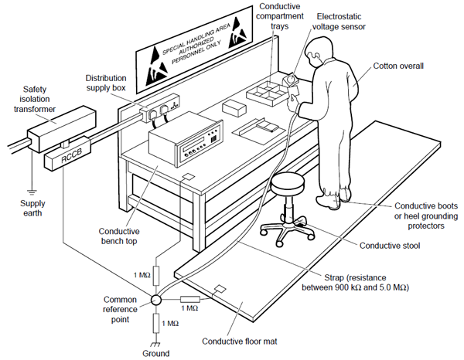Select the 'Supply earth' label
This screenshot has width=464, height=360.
click(33, 207)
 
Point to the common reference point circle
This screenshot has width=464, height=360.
click(155, 300)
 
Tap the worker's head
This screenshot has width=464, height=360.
click(316, 54)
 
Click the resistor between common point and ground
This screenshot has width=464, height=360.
click(155, 323)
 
